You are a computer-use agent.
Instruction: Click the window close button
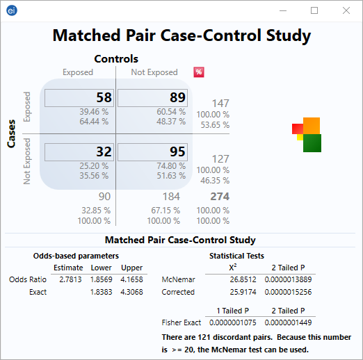(x=346, y=10)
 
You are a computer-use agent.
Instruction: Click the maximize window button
(x=314, y=10)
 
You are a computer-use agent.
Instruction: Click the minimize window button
(x=282, y=10)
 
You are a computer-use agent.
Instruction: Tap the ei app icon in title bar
(x=11, y=10)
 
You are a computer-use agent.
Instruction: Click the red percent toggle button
(x=199, y=72)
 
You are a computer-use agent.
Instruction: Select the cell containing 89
(x=152, y=98)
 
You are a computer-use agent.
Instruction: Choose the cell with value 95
(x=152, y=152)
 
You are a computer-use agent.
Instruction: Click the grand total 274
(x=220, y=197)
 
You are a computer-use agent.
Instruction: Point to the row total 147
(x=220, y=104)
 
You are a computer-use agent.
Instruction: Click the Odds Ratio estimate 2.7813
(x=68, y=279)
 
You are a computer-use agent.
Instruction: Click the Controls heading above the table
(x=116, y=59)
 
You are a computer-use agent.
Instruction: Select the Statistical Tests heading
(x=236, y=256)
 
